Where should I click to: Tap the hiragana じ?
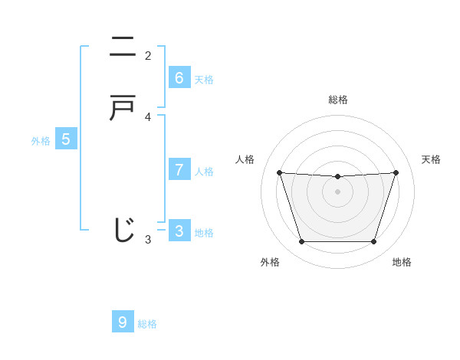point(123,229)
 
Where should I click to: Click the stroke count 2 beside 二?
point(148,56)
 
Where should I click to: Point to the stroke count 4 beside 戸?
point(148,117)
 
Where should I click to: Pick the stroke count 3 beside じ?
point(148,240)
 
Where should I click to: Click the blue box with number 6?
point(179,78)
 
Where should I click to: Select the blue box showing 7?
point(179,169)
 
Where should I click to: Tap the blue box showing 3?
point(179,231)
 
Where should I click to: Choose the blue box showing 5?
point(66,139)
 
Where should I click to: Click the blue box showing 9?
point(123,322)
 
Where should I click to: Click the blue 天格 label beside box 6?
point(204,80)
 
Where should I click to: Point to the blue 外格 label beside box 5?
point(41,141)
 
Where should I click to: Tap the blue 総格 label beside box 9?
point(147,324)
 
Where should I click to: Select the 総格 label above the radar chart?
point(338,100)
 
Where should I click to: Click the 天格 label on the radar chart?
point(431,159)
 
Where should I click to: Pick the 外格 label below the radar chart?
point(270,262)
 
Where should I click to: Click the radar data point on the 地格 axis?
point(373,242)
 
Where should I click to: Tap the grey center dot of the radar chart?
point(338,191)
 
